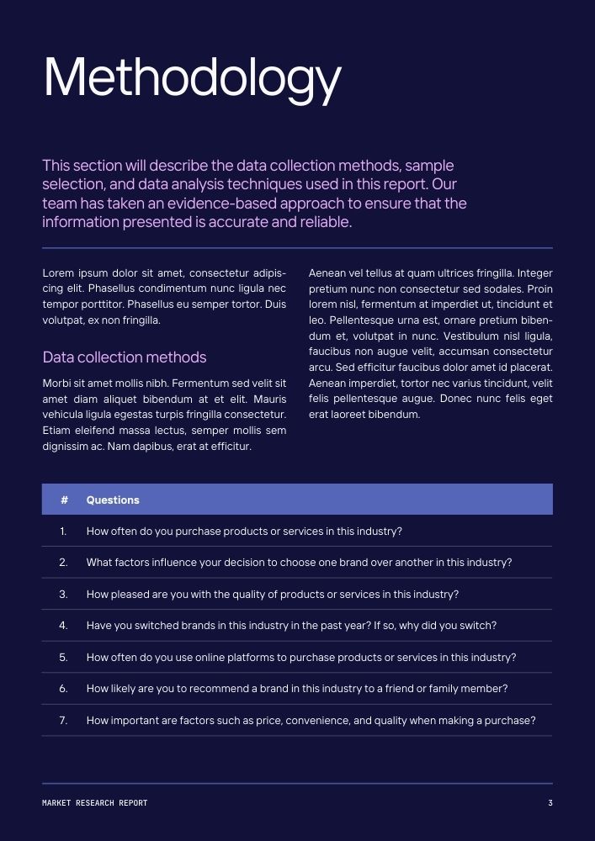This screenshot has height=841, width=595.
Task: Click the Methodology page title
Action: pos(192,78)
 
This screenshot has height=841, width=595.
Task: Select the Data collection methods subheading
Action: pos(125,357)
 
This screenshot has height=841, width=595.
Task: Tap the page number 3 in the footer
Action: pos(550,803)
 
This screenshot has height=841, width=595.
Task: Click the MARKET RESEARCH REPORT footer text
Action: pos(94,803)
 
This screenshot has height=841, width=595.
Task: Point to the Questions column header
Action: pos(113,500)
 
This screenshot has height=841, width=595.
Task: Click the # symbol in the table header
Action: pos(64,500)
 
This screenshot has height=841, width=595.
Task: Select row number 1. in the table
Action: pos(63,532)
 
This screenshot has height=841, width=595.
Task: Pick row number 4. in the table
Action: pos(63,626)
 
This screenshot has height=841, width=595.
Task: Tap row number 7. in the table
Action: pos(63,721)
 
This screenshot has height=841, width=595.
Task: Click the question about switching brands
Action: pos(291,626)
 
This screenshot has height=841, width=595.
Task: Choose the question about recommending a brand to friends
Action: pos(297,689)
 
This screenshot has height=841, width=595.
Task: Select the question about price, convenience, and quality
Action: pos(311,721)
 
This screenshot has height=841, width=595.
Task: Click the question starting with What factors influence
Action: pos(299,563)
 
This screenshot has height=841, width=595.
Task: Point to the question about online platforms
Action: pos(301,658)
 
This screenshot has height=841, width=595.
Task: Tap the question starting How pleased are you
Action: pos(272,595)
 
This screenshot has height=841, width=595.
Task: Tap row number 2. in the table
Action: pos(63,563)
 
